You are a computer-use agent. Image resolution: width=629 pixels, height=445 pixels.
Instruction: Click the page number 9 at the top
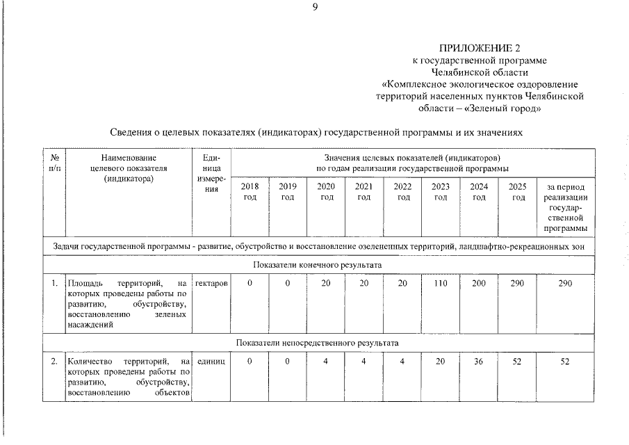click(314, 8)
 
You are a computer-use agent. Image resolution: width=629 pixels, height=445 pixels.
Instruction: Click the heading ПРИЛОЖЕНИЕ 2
click(479, 48)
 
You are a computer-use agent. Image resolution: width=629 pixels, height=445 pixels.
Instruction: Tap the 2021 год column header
click(363, 192)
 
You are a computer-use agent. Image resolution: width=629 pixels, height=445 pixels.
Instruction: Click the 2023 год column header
click(440, 192)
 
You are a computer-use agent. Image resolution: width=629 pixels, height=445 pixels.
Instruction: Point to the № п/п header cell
click(54, 163)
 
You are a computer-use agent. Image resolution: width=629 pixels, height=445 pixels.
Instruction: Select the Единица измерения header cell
click(211, 174)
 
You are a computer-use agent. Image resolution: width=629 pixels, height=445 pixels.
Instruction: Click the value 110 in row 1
click(440, 284)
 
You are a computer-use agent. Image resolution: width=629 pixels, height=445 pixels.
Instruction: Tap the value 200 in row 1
click(479, 284)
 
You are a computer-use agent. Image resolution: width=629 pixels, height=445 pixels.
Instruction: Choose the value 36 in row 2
click(479, 362)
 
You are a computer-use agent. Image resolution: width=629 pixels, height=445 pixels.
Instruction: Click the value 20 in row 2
click(440, 362)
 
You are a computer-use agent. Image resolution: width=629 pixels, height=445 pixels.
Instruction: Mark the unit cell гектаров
click(211, 284)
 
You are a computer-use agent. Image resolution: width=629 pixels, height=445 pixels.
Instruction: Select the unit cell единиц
click(211, 362)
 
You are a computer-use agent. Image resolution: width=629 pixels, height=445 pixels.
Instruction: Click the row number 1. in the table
click(54, 284)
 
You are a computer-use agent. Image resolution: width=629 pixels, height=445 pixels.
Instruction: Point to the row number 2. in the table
click(54, 362)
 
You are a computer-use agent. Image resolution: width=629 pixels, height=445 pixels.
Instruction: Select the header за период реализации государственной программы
click(565, 207)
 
